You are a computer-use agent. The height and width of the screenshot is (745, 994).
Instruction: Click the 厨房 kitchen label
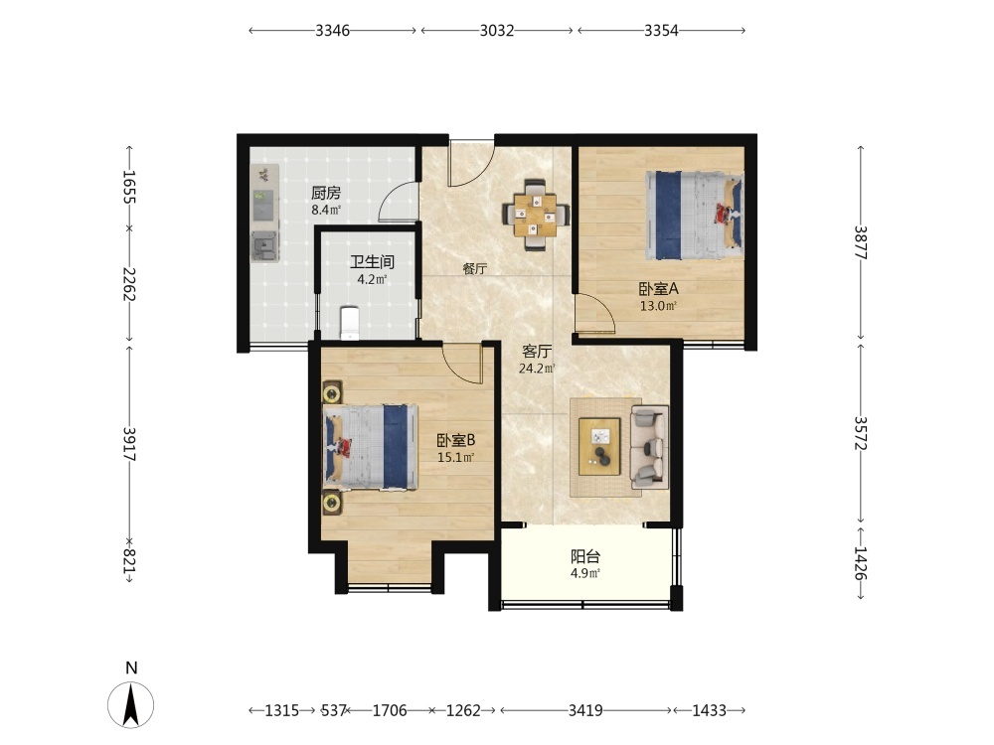coord(326,193)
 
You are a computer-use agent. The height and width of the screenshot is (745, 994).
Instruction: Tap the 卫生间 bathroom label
coord(372,261)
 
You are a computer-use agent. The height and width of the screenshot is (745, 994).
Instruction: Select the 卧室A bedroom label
coord(658,289)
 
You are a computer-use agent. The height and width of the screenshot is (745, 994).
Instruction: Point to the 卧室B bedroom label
coord(456,440)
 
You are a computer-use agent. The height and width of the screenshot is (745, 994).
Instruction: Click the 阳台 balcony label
coord(585,557)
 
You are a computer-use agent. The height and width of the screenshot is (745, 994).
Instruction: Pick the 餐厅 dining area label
coord(475,268)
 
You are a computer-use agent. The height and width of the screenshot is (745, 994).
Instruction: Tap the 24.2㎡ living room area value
coord(537,369)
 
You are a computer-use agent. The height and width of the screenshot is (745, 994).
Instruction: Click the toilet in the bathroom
coord(350,323)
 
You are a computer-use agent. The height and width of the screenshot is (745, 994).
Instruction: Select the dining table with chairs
coord(536,215)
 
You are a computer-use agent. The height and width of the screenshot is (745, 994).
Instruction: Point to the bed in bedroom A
coord(694,215)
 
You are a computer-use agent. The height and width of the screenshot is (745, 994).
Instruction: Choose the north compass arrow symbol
coord(130,704)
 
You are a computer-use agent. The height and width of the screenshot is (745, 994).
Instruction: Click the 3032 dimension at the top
coord(496,31)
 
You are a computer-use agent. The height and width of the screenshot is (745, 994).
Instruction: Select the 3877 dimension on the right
coord(860,242)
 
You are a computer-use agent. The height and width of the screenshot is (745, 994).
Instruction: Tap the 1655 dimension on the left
coord(129,187)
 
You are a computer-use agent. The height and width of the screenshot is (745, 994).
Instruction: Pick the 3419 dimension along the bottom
coord(585,710)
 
